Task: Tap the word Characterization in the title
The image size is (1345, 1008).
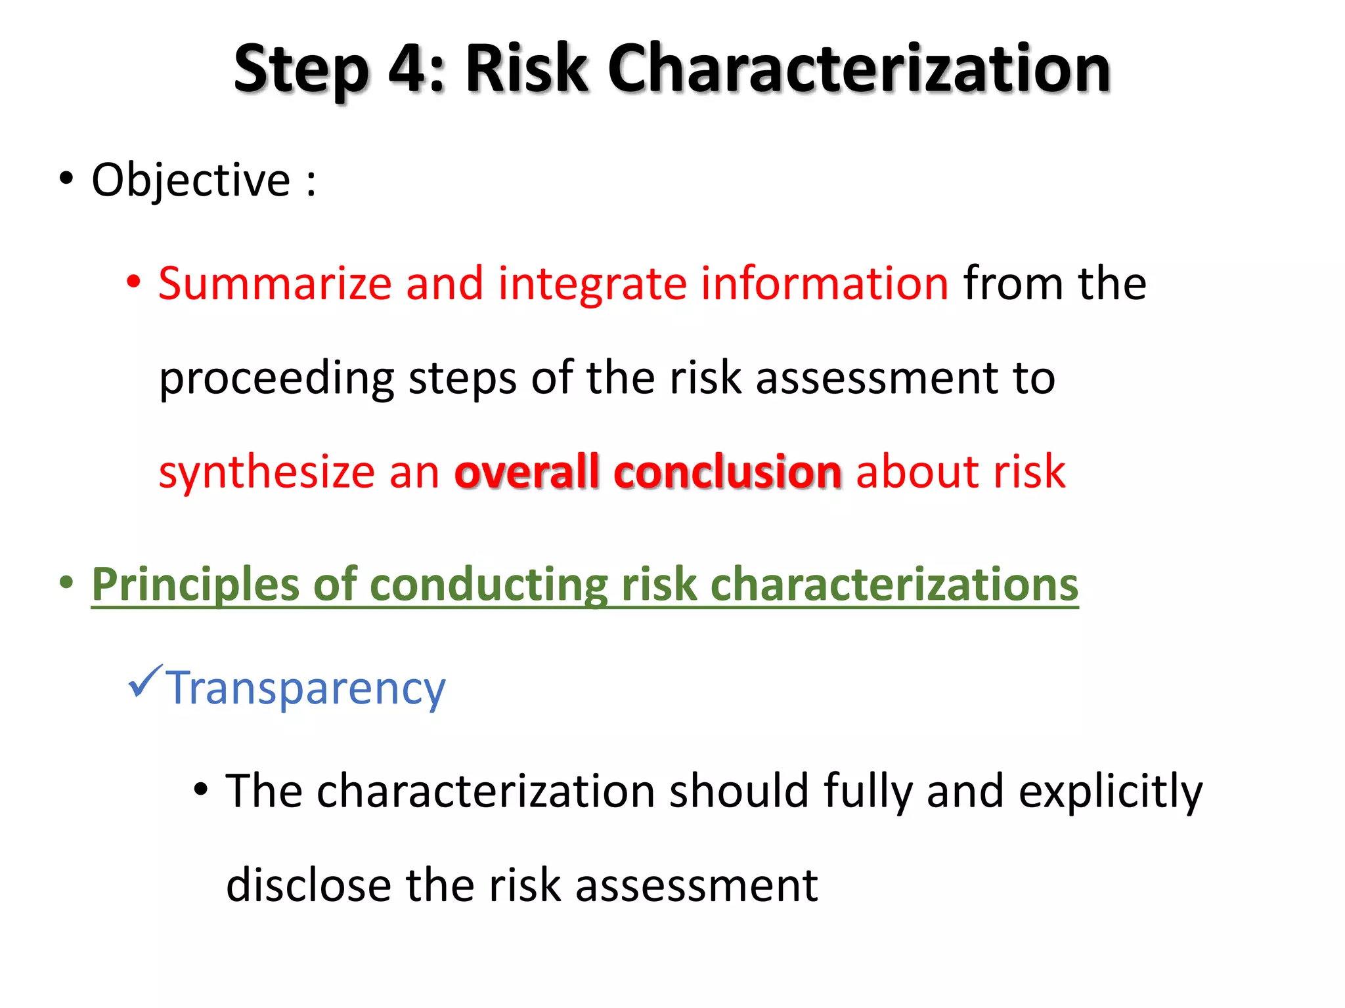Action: tap(858, 68)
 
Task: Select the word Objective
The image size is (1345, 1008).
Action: tap(190, 180)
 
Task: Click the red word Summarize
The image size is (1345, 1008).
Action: tap(275, 283)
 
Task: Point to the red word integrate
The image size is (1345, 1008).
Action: tap(591, 285)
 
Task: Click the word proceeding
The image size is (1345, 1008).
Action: tap(276, 379)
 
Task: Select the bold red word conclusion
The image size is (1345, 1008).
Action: tap(727, 472)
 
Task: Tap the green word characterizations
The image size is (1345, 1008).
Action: tap(894, 585)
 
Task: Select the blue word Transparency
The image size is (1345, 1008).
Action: tap(305, 688)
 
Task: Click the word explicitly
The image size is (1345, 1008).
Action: tap(1110, 791)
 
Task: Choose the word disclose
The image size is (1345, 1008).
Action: tap(309, 885)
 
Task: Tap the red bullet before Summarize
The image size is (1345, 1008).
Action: tap(133, 282)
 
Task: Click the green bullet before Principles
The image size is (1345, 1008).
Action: tap(66, 582)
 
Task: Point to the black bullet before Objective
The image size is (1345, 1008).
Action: tap(66, 178)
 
